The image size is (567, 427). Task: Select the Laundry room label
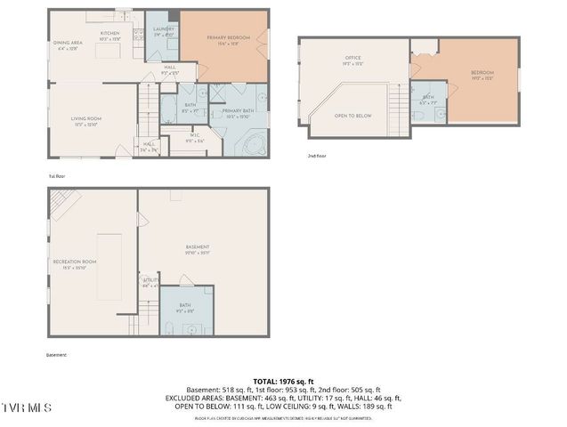tap(163, 31)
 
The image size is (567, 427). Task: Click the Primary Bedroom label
tap(228, 38)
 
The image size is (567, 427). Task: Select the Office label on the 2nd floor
tap(353, 63)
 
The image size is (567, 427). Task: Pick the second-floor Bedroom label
tap(482, 74)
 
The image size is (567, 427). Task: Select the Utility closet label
tap(150, 281)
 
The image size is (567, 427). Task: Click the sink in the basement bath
tap(189, 327)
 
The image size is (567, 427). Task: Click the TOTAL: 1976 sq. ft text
tap(283, 380)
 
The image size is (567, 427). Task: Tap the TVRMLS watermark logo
tap(27, 407)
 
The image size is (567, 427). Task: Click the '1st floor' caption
tap(56, 176)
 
